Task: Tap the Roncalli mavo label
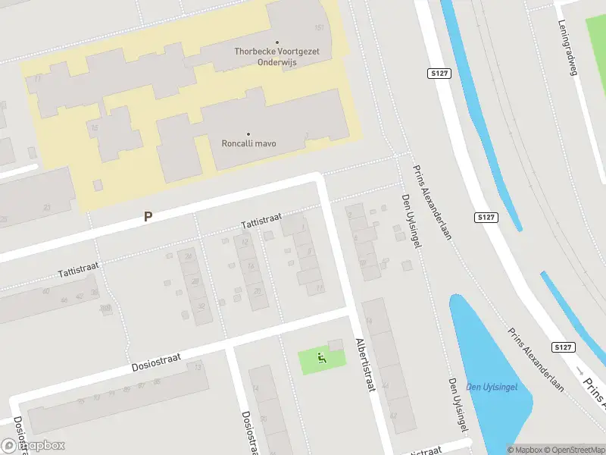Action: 248,143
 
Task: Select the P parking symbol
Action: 148,217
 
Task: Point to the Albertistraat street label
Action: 365,365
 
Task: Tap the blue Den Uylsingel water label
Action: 491,387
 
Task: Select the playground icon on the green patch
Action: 321,358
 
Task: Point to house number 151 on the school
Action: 319,28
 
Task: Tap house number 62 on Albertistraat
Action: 393,416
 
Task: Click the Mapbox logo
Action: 33,446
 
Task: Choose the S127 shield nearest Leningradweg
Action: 437,74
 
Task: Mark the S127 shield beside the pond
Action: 562,347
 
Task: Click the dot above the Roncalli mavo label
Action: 248,134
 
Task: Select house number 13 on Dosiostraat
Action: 198,367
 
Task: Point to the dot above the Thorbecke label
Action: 276,42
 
